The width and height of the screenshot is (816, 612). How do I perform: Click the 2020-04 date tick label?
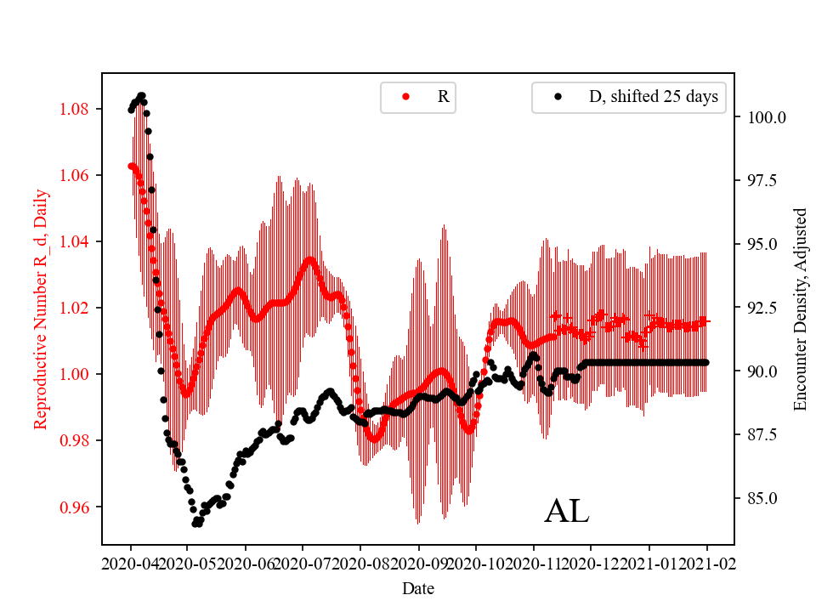point(131,564)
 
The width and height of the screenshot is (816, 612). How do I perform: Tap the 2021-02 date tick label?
point(707,564)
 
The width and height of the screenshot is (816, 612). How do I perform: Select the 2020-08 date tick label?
point(360,564)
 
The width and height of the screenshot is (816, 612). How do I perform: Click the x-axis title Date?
point(418,587)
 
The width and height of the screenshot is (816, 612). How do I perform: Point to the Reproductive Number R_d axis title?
point(40,309)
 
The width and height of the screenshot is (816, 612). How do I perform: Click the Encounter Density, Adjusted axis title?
point(799,309)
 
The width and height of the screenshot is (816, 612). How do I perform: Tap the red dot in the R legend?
point(406,97)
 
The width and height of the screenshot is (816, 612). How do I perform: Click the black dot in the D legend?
point(558,97)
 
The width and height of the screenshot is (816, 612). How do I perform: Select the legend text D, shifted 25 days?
point(653,97)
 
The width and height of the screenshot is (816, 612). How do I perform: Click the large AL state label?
point(566,512)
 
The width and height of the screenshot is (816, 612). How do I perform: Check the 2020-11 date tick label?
point(534,564)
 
